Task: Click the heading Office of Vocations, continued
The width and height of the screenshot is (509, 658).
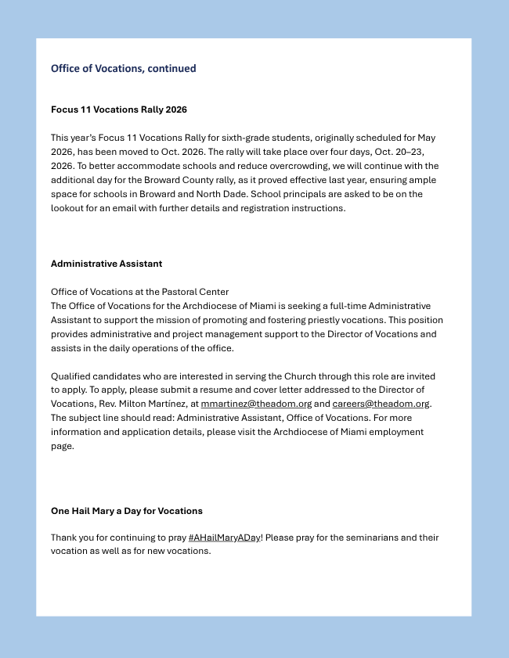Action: coord(123,68)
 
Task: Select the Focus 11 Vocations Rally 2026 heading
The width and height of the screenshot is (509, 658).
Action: coord(118,110)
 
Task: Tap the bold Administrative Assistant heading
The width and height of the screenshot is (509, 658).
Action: coord(106,264)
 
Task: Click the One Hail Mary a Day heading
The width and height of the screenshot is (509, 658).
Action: coord(126,511)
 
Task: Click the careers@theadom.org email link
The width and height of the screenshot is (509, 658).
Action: coord(381,404)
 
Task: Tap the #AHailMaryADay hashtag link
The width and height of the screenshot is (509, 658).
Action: coord(224,538)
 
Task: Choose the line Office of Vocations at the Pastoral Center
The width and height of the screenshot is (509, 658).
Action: coord(139,292)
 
